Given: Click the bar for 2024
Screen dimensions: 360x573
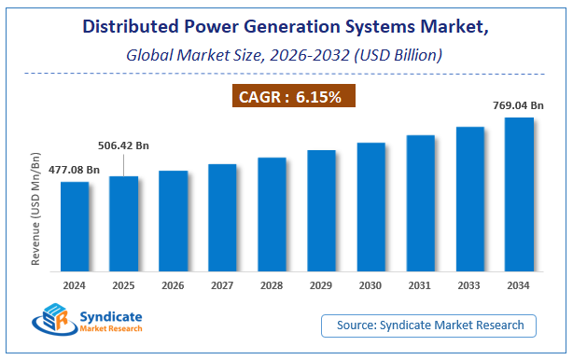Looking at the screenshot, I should [x=75, y=228].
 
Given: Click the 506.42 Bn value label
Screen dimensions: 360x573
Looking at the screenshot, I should [x=124, y=145].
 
